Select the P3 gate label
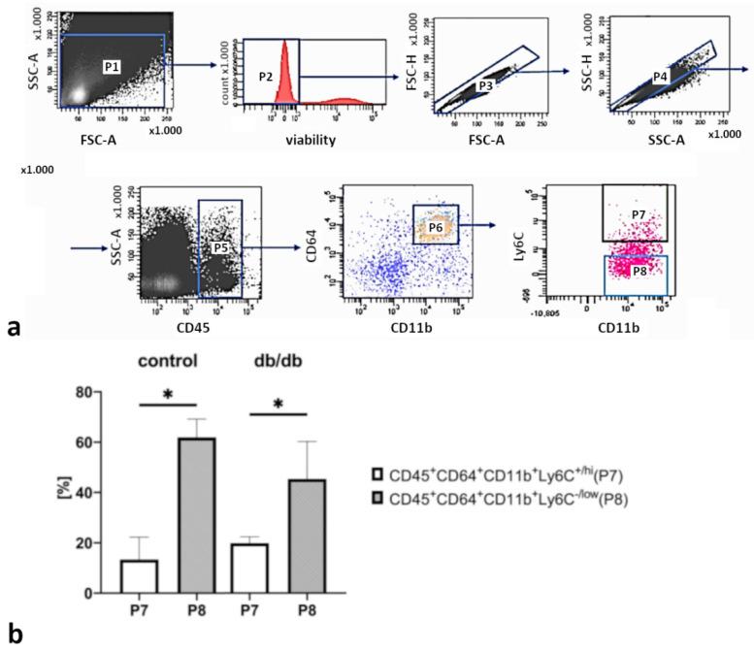click(x=486, y=86)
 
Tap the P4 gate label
click(x=660, y=75)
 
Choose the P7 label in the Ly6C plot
click(x=637, y=212)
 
